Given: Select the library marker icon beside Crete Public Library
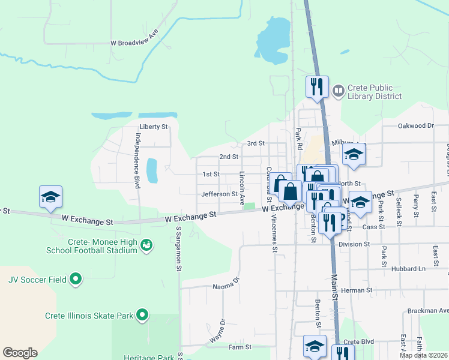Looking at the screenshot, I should pos(339,91).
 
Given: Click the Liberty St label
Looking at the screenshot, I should pos(153,127).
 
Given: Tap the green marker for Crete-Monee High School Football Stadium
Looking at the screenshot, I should pos(146,245).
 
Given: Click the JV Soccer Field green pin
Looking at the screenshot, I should pos(76,279).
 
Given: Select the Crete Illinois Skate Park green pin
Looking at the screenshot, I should pos(142,315).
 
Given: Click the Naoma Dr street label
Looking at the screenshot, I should pos(226,283).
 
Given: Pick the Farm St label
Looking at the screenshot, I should pos(239,347).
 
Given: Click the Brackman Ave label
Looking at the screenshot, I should pos(427,311).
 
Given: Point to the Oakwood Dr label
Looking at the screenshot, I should pos(415,126).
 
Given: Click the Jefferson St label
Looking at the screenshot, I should pos(220,194).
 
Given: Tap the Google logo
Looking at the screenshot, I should pos(20,353).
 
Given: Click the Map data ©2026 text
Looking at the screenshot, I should pos(424,355).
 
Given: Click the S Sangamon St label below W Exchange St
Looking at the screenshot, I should pos(179,249).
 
